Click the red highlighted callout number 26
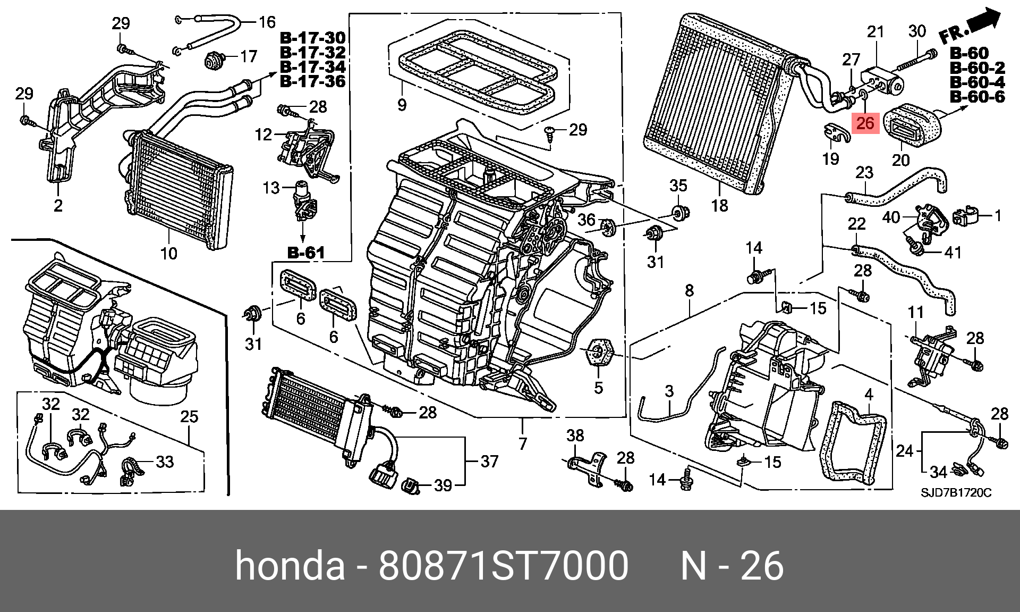[865, 123]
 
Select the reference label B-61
[306, 253]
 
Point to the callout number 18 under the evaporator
[719, 205]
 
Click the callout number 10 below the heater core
[168, 253]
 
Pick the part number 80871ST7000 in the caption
[503, 566]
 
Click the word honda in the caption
[290, 566]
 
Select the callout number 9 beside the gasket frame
[402, 105]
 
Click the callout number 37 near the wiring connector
[489, 461]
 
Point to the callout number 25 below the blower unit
[190, 416]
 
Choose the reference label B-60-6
[977, 97]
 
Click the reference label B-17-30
[312, 38]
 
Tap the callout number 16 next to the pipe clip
[267, 22]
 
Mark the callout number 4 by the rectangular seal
[869, 395]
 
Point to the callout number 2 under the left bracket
[58, 205]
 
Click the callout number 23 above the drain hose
[864, 173]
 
